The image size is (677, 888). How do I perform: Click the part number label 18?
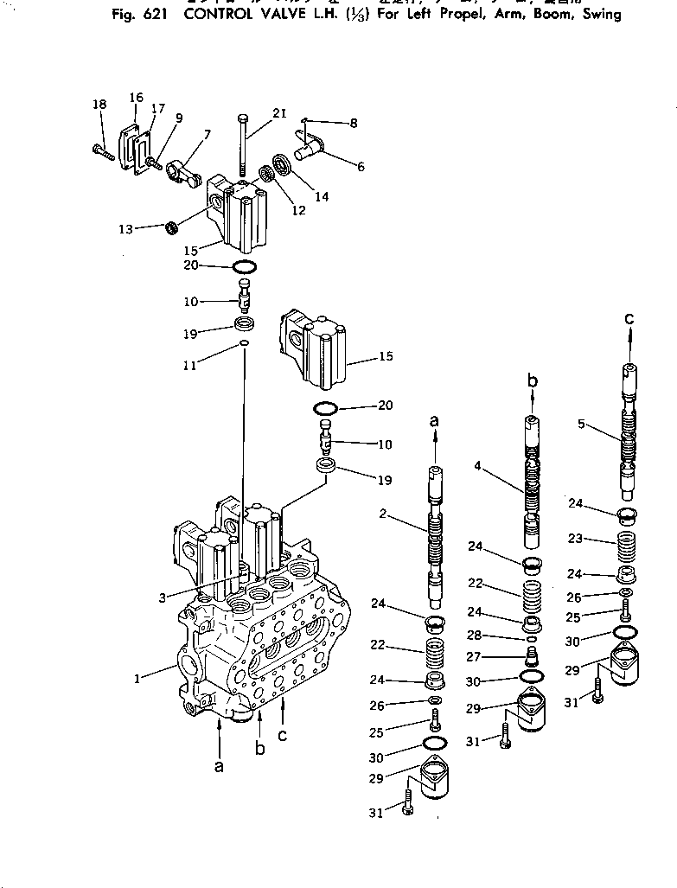coord(99,105)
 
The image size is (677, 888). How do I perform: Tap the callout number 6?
coord(361,165)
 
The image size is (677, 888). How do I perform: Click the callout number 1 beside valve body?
coord(137,679)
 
